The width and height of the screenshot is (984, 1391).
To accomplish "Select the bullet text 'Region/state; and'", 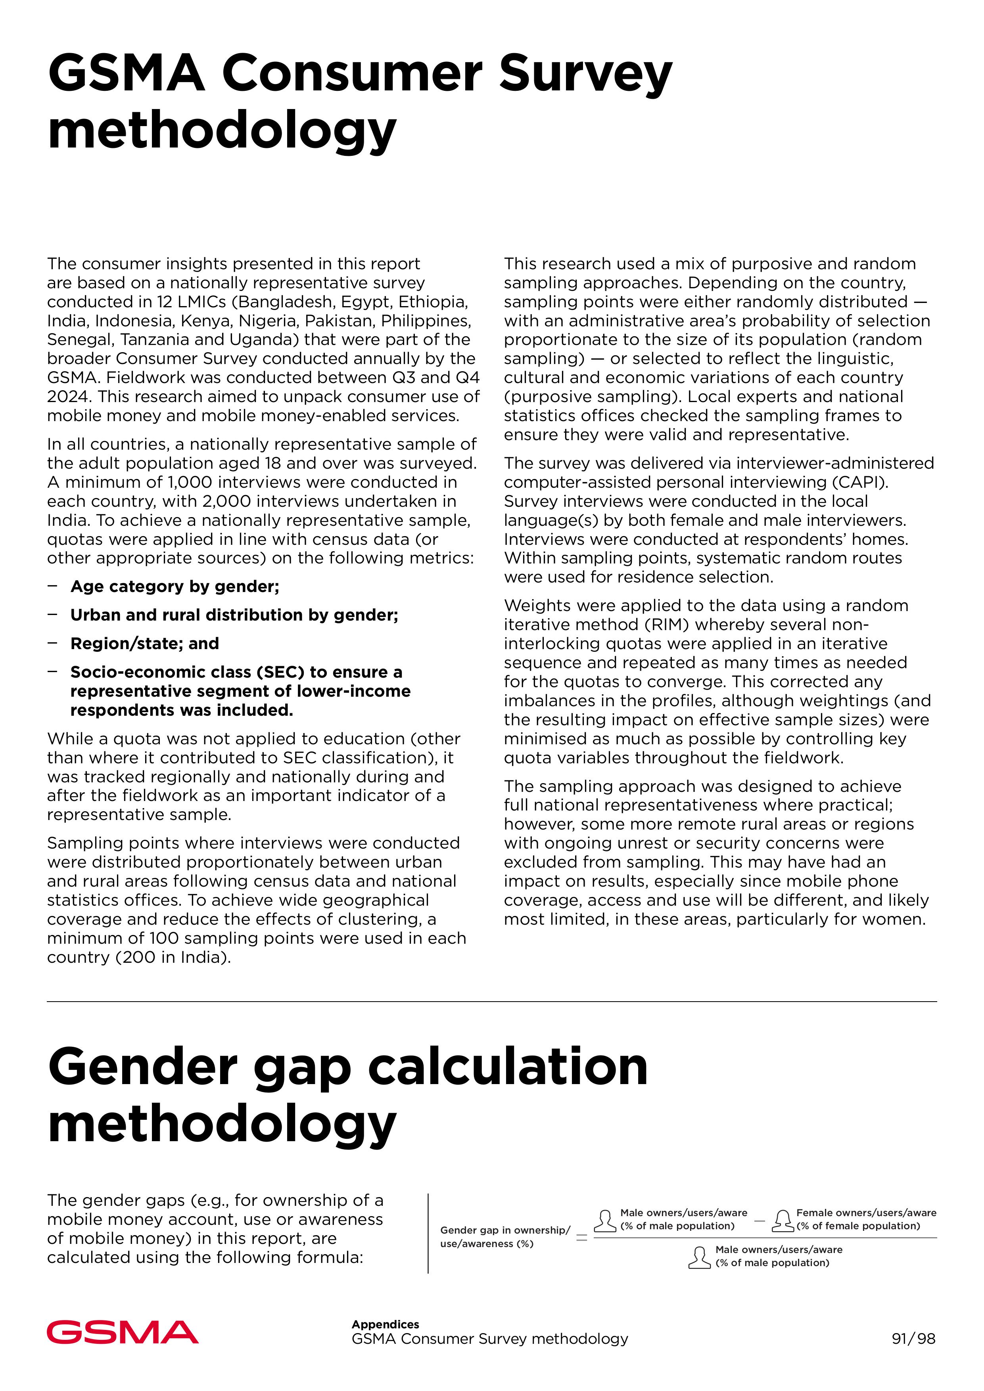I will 145,644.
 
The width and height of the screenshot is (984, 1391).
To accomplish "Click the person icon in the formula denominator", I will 699,1257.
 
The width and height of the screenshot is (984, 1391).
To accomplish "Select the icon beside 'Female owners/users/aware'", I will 783,1220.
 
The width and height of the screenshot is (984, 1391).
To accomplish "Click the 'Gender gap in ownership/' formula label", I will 505,1230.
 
